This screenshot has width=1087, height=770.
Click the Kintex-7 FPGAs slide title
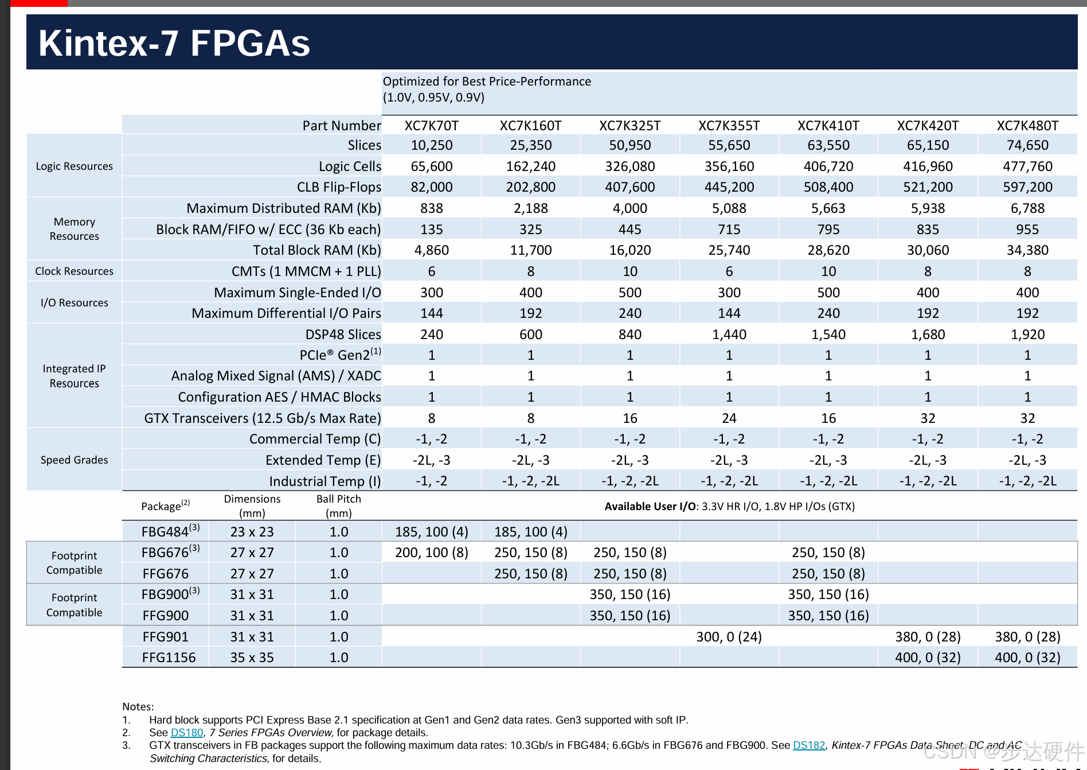(174, 43)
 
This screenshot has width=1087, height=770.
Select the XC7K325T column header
(629, 126)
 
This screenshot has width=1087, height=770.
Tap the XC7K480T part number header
(1027, 126)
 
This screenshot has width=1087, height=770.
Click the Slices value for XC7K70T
(431, 145)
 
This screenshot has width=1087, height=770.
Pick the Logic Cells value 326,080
(629, 166)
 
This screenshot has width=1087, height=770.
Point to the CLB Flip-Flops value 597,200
(1027, 187)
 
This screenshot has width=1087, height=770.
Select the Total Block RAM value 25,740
(729, 250)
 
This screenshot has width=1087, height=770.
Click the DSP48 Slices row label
(343, 335)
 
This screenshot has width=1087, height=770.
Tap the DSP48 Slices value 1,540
(828, 335)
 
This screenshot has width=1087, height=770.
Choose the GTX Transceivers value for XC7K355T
(729, 418)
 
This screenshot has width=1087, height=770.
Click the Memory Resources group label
(74, 229)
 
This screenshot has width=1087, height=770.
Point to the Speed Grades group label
(74, 460)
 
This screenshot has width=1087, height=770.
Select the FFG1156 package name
(169, 658)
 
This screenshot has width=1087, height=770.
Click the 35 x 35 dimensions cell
(252, 658)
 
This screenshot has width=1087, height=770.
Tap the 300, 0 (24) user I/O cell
(729, 637)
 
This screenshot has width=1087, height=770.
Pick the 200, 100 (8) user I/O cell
(431, 553)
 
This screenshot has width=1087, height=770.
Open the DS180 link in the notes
(187, 733)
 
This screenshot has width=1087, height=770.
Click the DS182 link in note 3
(808, 745)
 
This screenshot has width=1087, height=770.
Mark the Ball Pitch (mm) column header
(338, 505)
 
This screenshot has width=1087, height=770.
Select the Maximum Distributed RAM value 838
(431, 208)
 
